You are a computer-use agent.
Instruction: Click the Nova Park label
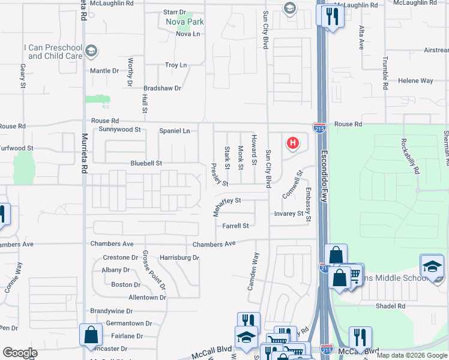[185, 22]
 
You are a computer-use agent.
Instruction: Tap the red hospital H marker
[293, 143]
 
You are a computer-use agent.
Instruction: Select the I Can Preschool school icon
[91, 50]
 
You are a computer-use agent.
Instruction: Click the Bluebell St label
[146, 163]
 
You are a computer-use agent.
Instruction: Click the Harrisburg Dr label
[179, 257]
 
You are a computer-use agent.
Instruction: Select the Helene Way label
[415, 80]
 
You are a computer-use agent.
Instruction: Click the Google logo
[19, 353]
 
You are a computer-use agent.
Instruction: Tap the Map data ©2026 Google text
[412, 355]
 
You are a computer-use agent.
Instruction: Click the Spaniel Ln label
[174, 131]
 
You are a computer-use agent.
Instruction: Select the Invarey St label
[289, 214]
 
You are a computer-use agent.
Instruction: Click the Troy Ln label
[176, 65]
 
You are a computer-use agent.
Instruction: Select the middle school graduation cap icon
[432, 267]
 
